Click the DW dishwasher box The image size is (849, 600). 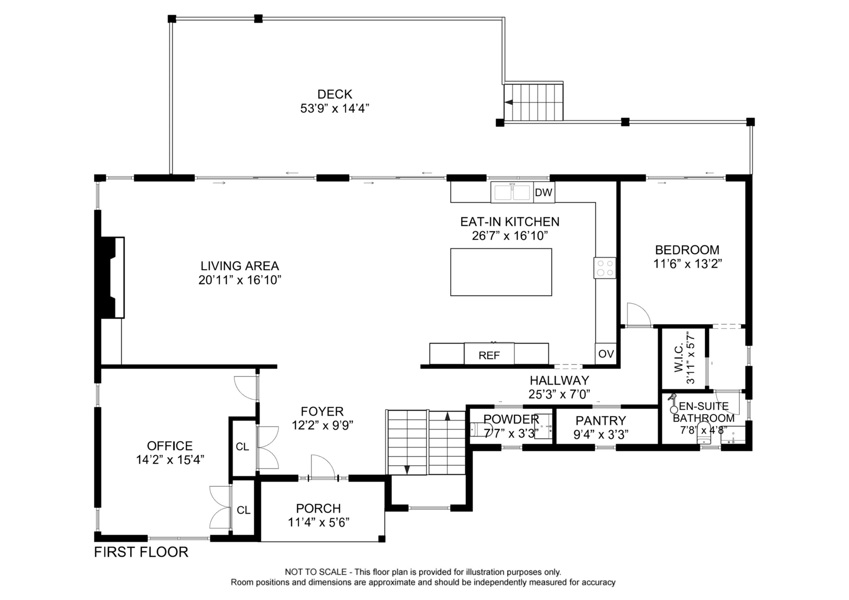543,192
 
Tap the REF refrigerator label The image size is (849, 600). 489,355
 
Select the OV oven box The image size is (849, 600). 606,354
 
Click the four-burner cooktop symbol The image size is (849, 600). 604,268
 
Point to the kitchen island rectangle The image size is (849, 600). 501,272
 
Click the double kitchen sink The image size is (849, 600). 512,192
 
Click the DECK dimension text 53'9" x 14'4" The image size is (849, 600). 335,109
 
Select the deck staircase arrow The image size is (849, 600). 509,102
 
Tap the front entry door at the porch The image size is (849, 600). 323,467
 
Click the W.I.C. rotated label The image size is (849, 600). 684,357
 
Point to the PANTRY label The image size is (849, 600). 601,421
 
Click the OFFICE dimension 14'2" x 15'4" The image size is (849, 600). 170,460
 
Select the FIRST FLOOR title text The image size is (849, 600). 141,552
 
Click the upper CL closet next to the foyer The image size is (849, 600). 243,447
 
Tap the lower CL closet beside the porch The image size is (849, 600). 243,510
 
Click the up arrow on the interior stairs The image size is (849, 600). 447,416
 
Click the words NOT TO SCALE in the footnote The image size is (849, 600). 315,572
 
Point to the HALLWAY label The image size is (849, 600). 559,380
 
